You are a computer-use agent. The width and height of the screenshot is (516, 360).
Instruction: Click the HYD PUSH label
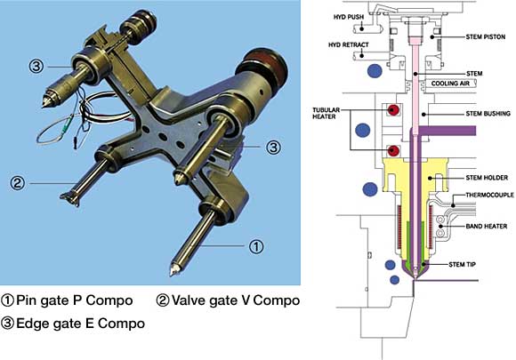click(349, 17)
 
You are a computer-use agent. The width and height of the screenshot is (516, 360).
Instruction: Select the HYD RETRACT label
click(348, 44)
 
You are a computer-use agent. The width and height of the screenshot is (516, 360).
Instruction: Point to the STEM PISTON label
click(486, 36)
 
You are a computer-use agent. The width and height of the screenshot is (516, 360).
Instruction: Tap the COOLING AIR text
click(450, 84)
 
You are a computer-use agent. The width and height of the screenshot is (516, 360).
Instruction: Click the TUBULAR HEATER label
click(326, 113)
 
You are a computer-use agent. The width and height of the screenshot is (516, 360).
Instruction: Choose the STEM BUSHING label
click(488, 114)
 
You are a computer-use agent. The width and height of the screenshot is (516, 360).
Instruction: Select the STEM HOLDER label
click(487, 178)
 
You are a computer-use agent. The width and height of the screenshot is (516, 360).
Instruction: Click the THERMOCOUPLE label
click(489, 195)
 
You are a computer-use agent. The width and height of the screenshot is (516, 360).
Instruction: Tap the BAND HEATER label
click(487, 226)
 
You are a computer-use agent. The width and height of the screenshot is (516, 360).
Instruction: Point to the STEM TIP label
click(462, 264)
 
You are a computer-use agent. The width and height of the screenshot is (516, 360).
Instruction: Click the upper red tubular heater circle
click(393, 110)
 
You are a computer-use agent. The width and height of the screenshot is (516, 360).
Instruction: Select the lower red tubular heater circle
click(393, 151)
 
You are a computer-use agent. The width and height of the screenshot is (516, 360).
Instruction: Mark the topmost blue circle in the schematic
click(375, 71)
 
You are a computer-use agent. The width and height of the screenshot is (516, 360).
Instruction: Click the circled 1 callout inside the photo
click(255, 246)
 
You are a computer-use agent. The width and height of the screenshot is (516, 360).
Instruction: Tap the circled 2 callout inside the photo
click(17, 183)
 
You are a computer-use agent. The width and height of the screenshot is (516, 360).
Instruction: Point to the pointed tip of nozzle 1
click(172, 274)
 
